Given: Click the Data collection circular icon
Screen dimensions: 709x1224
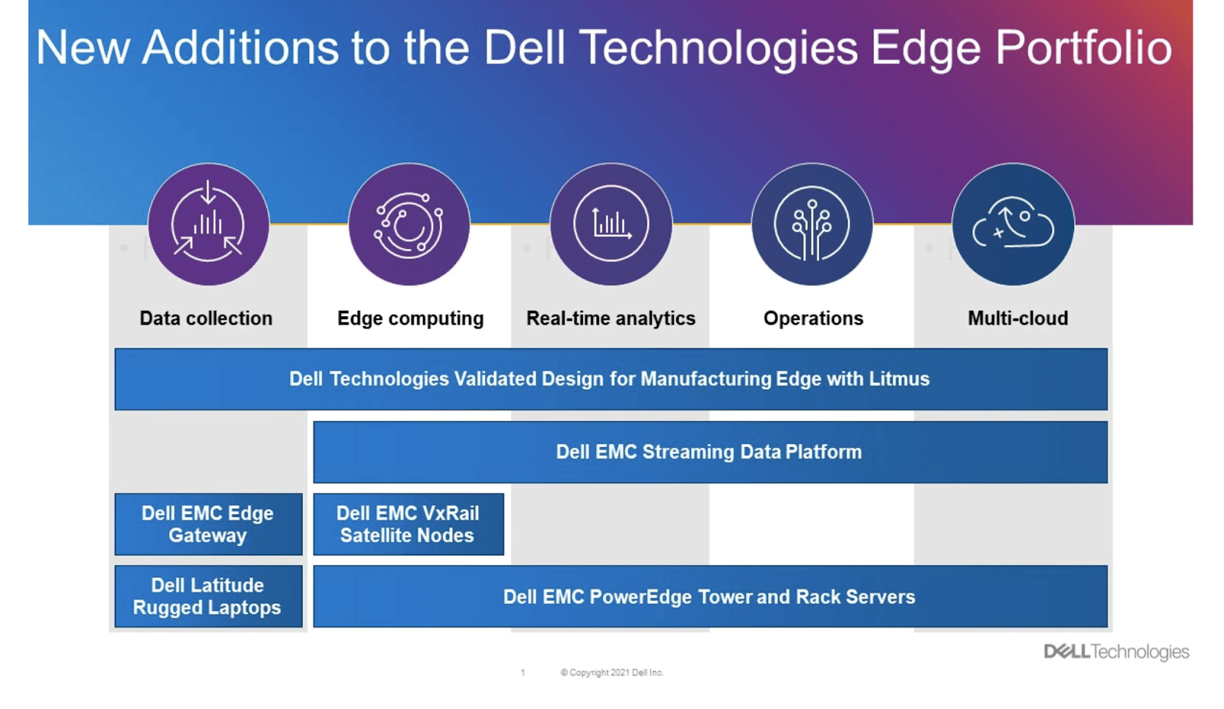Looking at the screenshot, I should [208, 224].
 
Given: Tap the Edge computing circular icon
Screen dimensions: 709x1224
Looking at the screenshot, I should [409, 224].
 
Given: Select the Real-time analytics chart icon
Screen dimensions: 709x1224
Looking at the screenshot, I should [610, 224].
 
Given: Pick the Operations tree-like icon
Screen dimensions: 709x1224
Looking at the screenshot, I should [812, 224].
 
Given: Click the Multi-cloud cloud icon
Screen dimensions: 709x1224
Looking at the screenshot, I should [1013, 224].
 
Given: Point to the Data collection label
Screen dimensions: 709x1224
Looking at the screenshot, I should [206, 319].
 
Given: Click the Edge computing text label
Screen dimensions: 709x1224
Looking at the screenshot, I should [410, 319].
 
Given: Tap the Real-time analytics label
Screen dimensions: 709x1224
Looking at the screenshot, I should [610, 319].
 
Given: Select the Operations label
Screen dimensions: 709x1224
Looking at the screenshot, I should [813, 319].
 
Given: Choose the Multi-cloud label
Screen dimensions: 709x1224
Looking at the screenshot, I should [1017, 319].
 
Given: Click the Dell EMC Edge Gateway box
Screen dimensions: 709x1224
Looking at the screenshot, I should [208, 524].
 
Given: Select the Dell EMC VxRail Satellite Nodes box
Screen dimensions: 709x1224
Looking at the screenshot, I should [408, 524].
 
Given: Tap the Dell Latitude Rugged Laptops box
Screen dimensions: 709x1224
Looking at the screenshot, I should [208, 596].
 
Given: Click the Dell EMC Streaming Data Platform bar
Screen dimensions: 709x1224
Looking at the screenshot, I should [709, 452].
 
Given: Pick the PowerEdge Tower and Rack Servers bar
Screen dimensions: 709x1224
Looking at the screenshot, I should [709, 596].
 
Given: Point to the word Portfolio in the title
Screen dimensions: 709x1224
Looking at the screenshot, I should [1083, 48].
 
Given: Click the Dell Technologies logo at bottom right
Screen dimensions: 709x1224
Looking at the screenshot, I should [1116, 652].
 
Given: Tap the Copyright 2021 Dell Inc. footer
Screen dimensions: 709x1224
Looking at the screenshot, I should [612, 672].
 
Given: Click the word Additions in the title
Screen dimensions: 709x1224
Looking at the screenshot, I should [240, 48].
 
